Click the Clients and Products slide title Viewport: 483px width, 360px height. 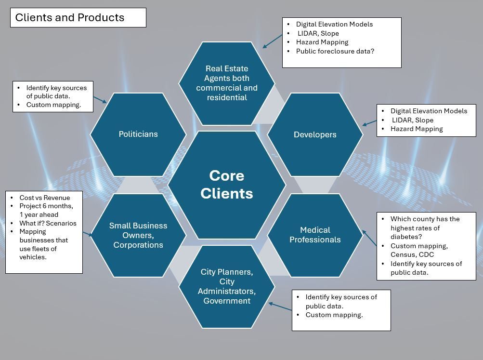coord(70,18)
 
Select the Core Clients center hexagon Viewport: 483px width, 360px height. coord(226,185)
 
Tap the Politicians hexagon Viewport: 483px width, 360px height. coord(138,134)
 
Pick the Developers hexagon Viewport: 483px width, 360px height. coord(315,135)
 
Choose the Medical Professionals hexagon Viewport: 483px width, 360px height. coord(315,235)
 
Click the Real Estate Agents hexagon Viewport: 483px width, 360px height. coord(226,83)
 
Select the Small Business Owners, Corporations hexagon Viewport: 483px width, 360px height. coord(138,235)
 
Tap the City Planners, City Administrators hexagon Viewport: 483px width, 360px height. coord(226,286)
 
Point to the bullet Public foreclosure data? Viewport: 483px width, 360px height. coord(335,51)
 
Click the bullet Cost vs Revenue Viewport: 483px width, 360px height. coord(44,198)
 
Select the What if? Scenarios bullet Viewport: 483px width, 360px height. coord(48,223)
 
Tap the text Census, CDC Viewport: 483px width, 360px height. coord(412,254)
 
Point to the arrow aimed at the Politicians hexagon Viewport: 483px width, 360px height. coord(100,99)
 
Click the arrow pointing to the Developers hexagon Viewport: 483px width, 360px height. coord(369,123)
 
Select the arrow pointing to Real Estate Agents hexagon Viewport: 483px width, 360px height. coord(272,41)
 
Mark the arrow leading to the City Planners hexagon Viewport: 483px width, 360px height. coord(280,307)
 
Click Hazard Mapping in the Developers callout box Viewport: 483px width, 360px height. coord(417,129)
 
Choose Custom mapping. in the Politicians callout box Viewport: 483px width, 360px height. coord(53,105)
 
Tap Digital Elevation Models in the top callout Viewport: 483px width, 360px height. coord(334,24)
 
